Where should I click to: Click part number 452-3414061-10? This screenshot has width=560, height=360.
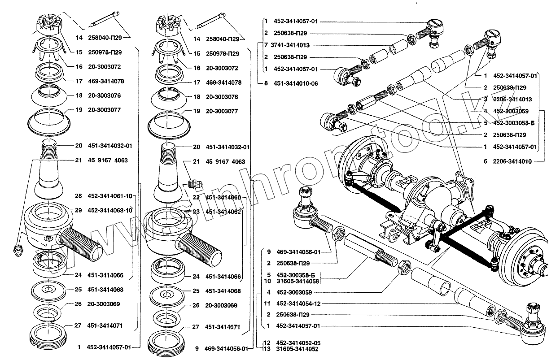[x=110, y=196]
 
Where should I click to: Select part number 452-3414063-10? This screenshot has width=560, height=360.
[x=110, y=210]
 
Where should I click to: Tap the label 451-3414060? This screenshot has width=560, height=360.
[x=223, y=198]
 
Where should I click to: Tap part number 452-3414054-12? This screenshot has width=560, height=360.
[x=299, y=304]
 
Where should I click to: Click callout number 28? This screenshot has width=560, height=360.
[x=79, y=196]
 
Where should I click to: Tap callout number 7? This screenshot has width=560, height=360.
[x=266, y=45]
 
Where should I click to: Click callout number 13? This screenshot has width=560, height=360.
[x=266, y=349]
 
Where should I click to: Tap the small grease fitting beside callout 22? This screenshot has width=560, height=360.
[x=194, y=184]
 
